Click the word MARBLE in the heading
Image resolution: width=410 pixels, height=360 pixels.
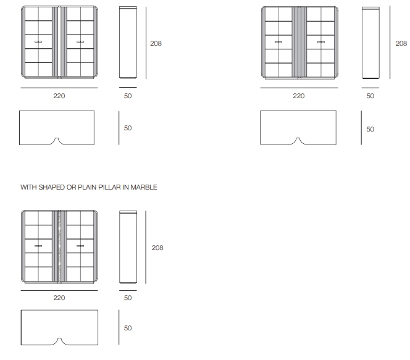(x=144, y=187)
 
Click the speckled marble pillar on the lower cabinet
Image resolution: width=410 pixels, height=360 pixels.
(x=59, y=246)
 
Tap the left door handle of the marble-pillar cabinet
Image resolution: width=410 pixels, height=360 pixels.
(x=38, y=246)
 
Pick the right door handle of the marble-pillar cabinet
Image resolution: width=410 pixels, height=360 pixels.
(x=80, y=246)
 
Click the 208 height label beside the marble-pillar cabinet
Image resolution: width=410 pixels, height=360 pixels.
(x=157, y=248)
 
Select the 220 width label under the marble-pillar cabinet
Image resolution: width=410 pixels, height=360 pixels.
(x=59, y=298)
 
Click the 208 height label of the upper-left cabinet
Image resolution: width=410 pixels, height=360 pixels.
(x=156, y=43)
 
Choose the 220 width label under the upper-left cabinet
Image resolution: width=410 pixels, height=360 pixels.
(x=59, y=96)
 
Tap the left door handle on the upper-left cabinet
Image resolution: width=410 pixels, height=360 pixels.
(x=38, y=41)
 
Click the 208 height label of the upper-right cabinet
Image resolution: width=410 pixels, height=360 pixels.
(x=401, y=43)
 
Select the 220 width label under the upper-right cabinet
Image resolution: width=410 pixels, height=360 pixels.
(x=299, y=96)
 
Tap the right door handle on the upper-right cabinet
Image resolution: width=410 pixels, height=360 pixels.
(x=321, y=42)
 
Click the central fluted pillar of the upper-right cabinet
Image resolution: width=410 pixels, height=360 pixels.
(x=299, y=43)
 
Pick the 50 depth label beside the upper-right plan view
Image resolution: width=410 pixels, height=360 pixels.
(x=370, y=129)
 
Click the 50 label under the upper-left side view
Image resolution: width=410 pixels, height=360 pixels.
(x=128, y=96)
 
